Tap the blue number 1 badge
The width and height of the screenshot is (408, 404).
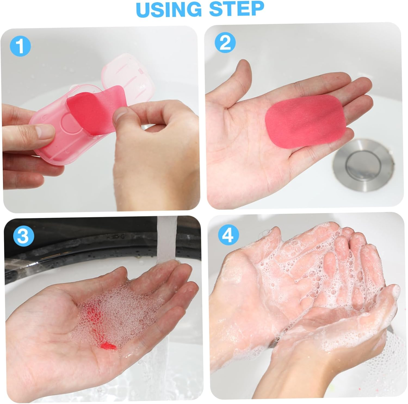tap(20, 46)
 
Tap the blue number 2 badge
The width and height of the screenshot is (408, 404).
tap(225, 43)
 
